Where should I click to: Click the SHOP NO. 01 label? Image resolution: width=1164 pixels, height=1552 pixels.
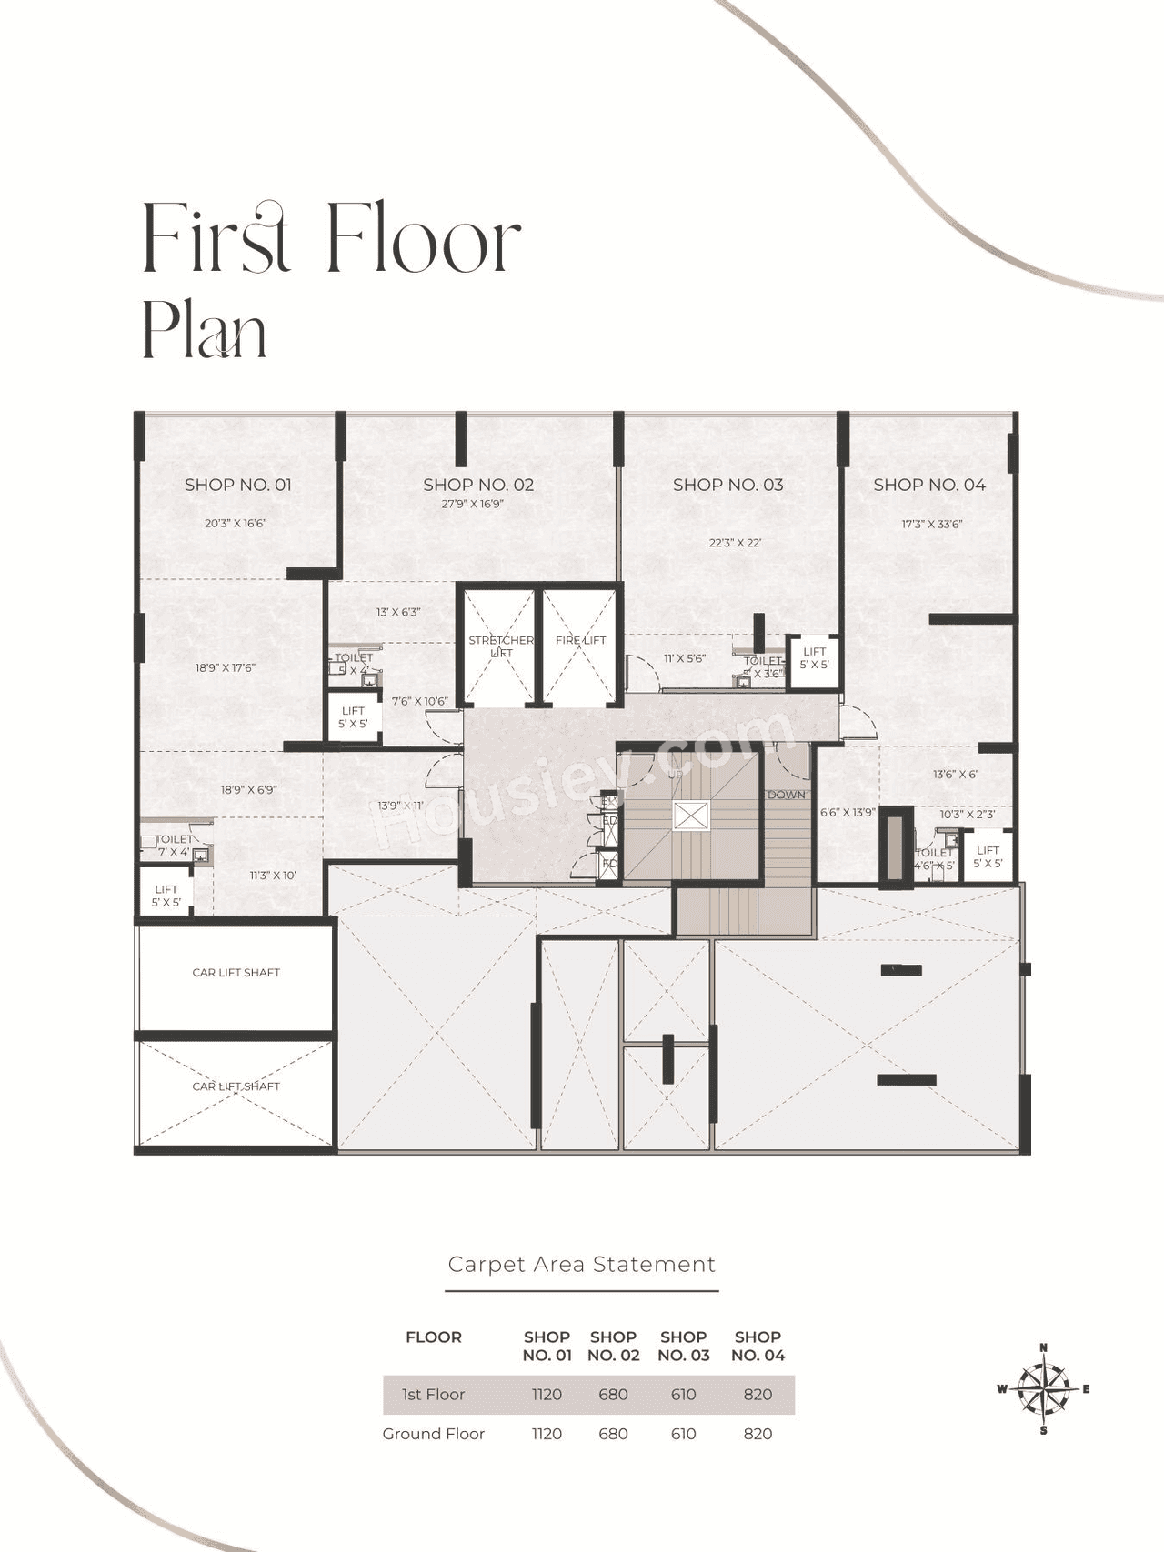click(237, 485)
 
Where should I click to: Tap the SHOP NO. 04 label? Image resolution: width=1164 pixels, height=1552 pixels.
click(928, 485)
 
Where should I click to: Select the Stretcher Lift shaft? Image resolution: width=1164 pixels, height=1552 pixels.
click(499, 646)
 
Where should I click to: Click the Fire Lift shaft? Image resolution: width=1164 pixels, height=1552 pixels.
click(579, 646)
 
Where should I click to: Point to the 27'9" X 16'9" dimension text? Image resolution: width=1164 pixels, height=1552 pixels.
click(472, 504)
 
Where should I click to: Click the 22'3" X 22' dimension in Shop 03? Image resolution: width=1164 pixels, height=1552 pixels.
click(735, 543)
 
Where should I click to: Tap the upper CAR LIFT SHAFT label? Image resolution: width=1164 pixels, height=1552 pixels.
click(236, 973)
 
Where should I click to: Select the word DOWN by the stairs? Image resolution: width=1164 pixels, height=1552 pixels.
click(786, 795)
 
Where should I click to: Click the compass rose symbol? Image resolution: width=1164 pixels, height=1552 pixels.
click(1043, 1389)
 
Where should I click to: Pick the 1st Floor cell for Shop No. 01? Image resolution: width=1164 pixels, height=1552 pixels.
click(547, 1395)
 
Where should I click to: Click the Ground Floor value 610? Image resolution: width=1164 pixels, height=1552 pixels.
click(683, 1434)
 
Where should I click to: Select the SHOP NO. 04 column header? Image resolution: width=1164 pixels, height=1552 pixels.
click(758, 1346)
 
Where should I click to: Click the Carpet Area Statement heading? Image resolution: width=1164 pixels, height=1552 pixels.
click(581, 1265)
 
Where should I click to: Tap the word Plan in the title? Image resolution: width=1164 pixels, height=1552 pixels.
click(204, 332)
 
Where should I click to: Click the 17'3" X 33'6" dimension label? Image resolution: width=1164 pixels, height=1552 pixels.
click(931, 525)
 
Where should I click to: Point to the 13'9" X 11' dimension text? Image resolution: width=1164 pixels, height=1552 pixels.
click(400, 806)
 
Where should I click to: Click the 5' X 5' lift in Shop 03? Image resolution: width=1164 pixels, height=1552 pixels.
click(814, 658)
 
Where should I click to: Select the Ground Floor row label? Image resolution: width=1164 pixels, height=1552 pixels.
click(433, 1434)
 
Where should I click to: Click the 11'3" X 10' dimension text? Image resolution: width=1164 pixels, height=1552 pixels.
click(273, 876)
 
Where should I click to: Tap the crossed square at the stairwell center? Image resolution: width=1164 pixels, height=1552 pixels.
click(689, 816)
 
